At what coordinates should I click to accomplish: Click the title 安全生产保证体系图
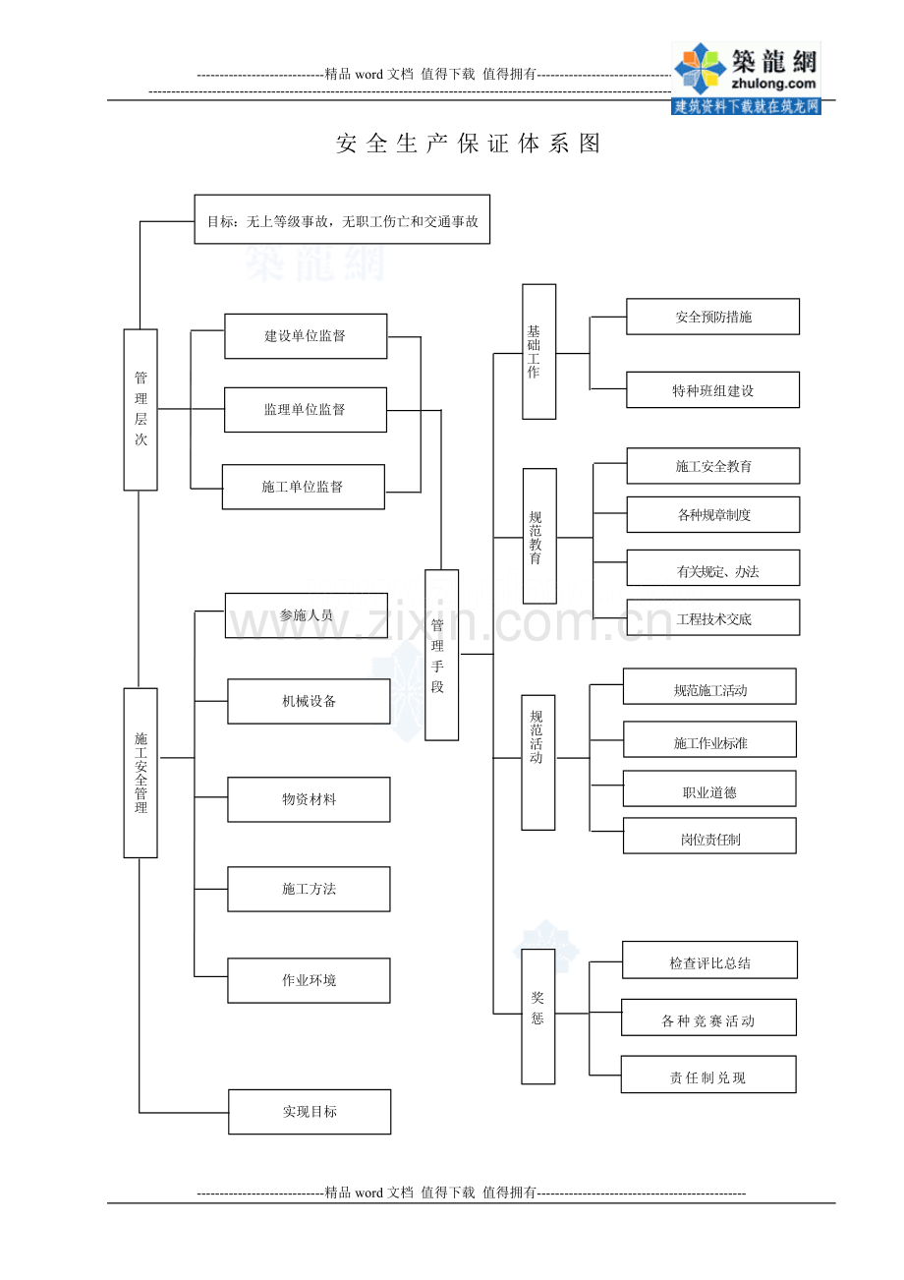[468, 144]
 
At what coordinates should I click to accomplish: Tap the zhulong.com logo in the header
[746, 79]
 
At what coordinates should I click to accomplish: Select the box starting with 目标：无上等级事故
[342, 219]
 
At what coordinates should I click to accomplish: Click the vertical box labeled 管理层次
[141, 409]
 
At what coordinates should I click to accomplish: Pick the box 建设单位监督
[306, 336]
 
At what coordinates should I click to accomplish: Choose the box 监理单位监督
[306, 410]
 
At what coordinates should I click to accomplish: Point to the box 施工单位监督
[304, 487]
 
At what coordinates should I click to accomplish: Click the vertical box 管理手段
[441, 655]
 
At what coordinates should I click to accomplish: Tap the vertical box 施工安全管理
[141, 773]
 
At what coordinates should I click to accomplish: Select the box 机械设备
[309, 701]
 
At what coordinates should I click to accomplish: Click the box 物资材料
[309, 799]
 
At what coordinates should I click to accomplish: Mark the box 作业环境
[309, 980]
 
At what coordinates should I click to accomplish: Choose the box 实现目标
[310, 1112]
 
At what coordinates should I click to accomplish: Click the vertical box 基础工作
[539, 351]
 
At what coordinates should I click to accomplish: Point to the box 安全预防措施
[712, 317]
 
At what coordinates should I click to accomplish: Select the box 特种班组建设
[712, 389]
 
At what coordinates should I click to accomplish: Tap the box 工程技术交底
[713, 617]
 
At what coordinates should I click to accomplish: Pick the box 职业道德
[709, 788]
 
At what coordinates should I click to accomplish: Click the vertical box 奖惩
[537, 1017]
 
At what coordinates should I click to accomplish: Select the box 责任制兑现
[708, 1075]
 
